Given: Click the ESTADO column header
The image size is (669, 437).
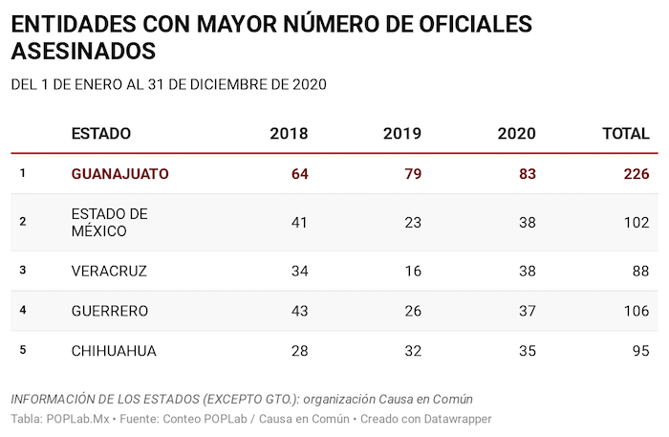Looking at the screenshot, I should (x=101, y=134).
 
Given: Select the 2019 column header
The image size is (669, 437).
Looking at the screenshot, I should (x=402, y=134).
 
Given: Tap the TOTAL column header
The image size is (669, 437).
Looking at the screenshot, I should (x=625, y=134).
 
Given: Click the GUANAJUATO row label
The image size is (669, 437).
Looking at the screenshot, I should (x=120, y=174).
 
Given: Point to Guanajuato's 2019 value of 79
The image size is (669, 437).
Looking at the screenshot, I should (x=412, y=174).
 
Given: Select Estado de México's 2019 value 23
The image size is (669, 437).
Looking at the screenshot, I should (x=412, y=222).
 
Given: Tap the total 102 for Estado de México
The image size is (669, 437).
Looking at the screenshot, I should (x=635, y=222).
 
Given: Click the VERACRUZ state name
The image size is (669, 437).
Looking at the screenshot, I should (x=109, y=271).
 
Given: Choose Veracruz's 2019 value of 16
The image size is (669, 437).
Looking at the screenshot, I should (x=412, y=271).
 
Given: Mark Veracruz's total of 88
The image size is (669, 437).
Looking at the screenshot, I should (x=639, y=271).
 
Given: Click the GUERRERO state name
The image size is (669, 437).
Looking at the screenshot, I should (x=110, y=311).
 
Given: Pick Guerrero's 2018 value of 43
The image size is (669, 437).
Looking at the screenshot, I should (x=298, y=311).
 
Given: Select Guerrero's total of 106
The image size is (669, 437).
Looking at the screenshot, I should (x=635, y=311).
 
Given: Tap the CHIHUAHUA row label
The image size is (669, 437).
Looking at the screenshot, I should (x=114, y=351).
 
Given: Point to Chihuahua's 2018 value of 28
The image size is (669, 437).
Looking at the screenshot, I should (x=298, y=351).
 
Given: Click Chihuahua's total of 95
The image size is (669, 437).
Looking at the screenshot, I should (x=639, y=351).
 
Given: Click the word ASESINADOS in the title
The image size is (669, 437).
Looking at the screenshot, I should (x=82, y=50).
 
